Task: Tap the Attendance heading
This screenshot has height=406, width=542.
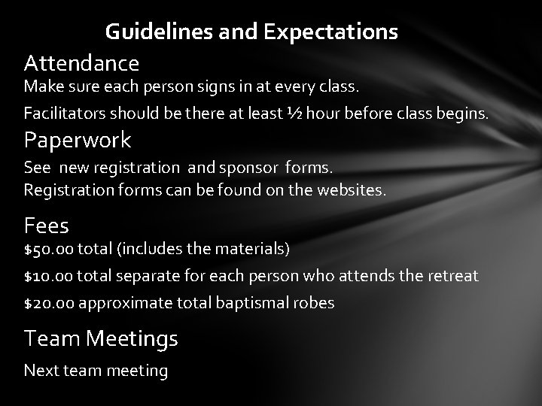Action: (x=81, y=62)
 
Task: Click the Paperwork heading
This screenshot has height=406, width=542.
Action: (x=78, y=140)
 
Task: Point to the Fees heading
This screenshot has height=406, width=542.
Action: (x=47, y=225)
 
